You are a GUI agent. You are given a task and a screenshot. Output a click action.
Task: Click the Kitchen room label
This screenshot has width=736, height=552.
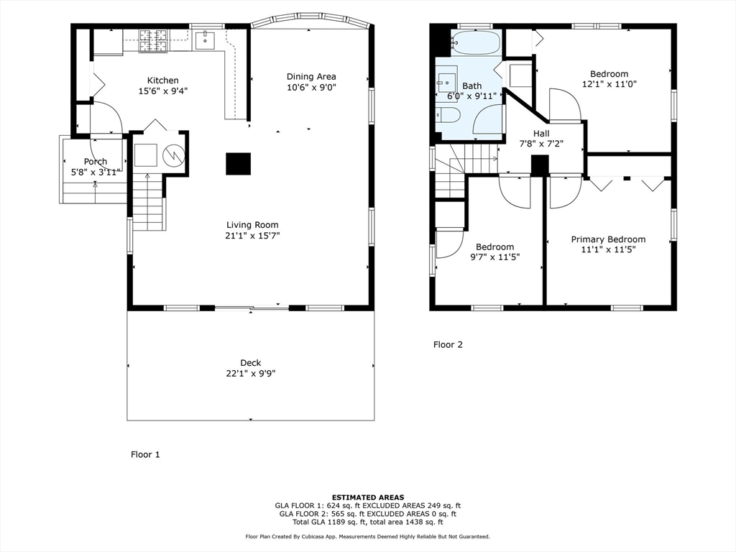[162, 80]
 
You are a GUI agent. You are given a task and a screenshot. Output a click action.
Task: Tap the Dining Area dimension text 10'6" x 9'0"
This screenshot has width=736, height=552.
[311, 88]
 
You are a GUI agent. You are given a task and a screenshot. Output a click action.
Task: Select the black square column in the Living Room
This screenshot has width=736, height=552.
[238, 164]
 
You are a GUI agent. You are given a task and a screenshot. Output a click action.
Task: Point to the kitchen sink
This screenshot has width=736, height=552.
[206, 39]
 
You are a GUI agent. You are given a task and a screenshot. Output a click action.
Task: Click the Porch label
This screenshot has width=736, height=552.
[95, 162]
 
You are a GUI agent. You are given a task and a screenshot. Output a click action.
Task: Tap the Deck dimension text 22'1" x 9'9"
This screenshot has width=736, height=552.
[251, 374]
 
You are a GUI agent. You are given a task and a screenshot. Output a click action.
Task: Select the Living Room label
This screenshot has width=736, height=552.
[252, 225]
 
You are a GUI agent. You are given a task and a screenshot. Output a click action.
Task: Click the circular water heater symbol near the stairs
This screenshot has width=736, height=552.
[172, 155]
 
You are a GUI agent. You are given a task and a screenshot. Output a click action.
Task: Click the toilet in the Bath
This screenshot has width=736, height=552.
[447, 115]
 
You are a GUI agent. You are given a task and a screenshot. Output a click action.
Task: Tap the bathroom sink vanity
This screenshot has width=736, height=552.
[446, 82]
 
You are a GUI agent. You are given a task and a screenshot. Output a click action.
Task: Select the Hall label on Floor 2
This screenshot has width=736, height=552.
[541, 134]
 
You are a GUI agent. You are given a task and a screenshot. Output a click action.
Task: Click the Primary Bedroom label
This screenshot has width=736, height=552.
[608, 239]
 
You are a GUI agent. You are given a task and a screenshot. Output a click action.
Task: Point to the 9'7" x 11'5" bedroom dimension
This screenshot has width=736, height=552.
[494, 257]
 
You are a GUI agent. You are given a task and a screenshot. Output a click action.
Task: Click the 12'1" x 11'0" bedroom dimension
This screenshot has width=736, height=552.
[609, 83]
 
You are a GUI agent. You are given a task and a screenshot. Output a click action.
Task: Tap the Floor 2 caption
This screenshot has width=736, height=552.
[448, 345]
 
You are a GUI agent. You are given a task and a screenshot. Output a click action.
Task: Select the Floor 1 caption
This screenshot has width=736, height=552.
[145, 454]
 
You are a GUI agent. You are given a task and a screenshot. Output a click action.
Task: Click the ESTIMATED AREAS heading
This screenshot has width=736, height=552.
[367, 497]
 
